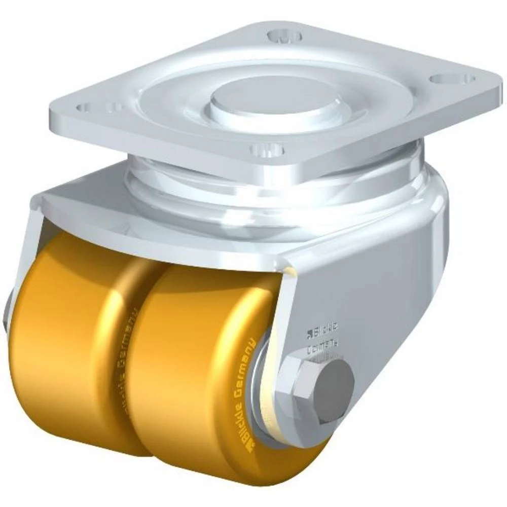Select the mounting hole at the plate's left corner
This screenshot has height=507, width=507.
(84, 107)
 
